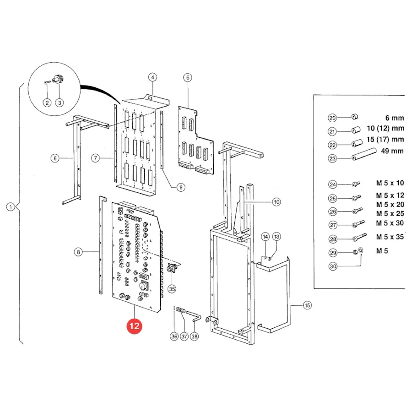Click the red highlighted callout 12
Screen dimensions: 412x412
pos(134,326)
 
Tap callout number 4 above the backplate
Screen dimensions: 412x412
pos(152,77)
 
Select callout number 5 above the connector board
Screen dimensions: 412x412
pos(188,77)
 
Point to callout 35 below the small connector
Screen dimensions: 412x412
pos(172,289)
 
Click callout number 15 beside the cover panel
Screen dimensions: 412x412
pos(307,305)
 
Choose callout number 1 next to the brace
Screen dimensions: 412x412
pos(11,207)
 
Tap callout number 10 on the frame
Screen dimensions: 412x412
pos(276,202)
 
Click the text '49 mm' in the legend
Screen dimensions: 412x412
pos(392,151)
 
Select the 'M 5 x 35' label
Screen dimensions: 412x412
pos(390,237)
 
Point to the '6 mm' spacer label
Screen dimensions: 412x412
pos(395,118)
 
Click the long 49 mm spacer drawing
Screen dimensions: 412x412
pos(364,154)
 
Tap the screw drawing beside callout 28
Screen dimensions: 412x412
pos(359,237)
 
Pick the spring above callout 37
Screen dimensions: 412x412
pos(181,310)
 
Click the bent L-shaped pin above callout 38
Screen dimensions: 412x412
pos(194,315)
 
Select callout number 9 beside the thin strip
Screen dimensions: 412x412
pos(181,187)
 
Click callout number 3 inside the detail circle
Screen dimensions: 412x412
pos(60,103)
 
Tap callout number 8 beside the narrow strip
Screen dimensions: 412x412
pos(78,252)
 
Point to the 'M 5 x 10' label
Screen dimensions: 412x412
pos(390,183)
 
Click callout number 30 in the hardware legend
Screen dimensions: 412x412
pos(333,266)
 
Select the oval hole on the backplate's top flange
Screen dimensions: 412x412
pos(151,98)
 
